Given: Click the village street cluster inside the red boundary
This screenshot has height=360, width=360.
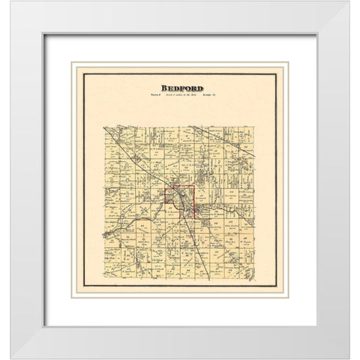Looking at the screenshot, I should [182, 201].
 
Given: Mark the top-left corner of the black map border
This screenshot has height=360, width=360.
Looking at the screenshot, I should [82, 70].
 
